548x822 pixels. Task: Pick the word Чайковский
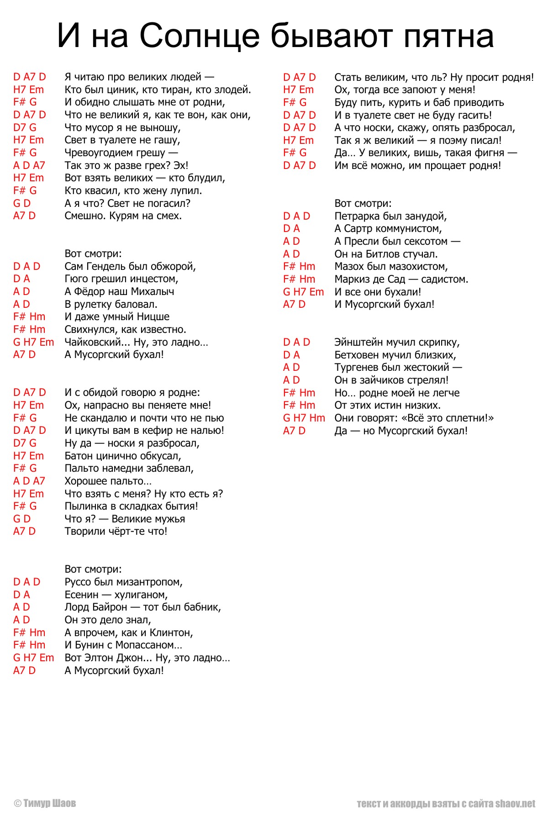pyautogui.click(x=96, y=342)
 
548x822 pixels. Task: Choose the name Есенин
pyautogui.click(x=81, y=595)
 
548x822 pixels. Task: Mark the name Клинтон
pyautogui.click(x=171, y=632)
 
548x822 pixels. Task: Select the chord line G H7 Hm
pyautogui.click(x=304, y=418)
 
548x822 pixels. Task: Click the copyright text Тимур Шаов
pyautogui.click(x=49, y=803)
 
